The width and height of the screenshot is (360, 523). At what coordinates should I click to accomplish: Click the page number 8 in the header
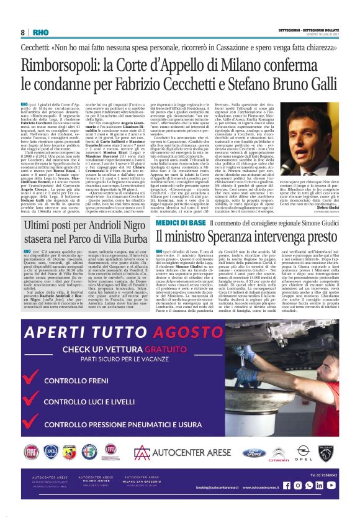coord(22,32)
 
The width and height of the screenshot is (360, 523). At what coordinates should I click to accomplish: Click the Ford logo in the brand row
coord(253,452)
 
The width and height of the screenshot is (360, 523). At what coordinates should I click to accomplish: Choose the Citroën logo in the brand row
coord(279,452)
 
